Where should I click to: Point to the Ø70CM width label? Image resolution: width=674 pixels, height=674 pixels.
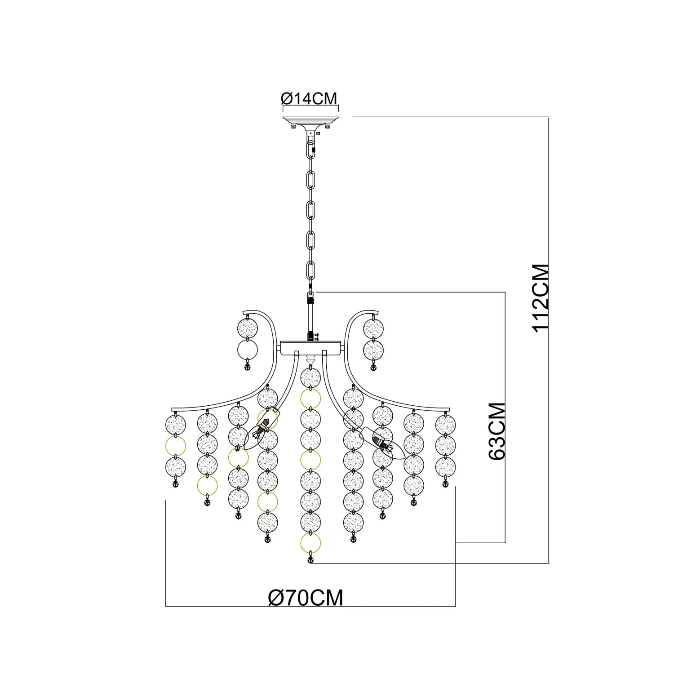click(306, 598)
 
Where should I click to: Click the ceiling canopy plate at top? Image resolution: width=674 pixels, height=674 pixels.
click(310, 120)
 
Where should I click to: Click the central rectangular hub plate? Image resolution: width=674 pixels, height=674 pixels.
click(310, 348)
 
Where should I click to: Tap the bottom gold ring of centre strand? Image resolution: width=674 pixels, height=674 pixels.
click(310, 544)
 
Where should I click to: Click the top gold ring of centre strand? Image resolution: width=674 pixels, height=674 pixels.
click(310, 399)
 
